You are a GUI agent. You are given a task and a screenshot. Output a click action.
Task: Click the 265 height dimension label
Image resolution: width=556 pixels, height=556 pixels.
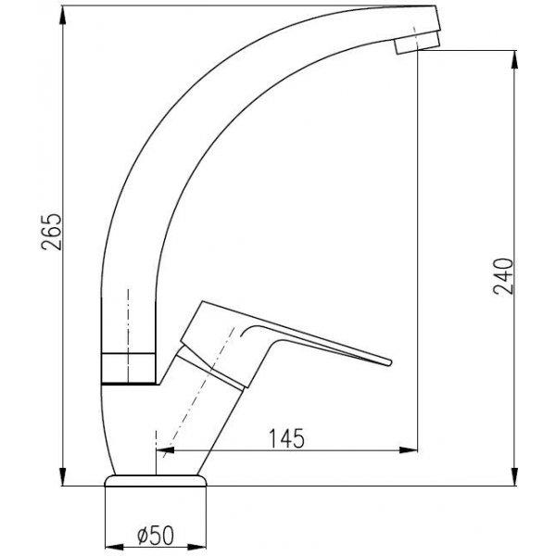pos(52,232)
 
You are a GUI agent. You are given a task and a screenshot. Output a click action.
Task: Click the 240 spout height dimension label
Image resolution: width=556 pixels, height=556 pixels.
pos(503,276)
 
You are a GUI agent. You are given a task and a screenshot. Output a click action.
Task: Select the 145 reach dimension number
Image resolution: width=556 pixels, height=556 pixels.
pos(286,438)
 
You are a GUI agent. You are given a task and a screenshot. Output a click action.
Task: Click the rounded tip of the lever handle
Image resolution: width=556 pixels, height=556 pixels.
pos(390,362)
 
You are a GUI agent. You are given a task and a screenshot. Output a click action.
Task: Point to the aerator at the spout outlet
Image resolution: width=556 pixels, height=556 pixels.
pos(417,44)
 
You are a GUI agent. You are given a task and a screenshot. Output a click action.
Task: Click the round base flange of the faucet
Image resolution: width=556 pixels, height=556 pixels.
pos(156,480)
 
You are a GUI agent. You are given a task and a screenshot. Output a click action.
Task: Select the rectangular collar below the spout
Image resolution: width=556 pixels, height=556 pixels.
pos(129,369)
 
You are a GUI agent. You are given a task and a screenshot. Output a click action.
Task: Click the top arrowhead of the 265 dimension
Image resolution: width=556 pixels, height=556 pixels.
pos(63,15)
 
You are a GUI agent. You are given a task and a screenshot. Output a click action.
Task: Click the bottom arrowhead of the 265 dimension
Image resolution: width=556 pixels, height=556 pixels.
pos(63,476)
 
